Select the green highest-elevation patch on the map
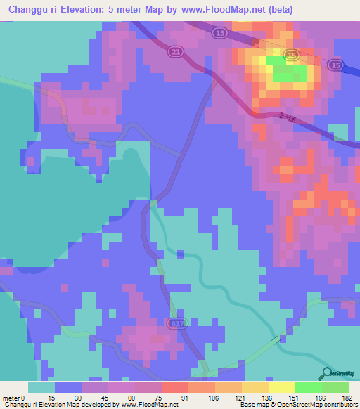(288, 70)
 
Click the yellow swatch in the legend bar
(281, 387)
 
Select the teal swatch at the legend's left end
(41, 387)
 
